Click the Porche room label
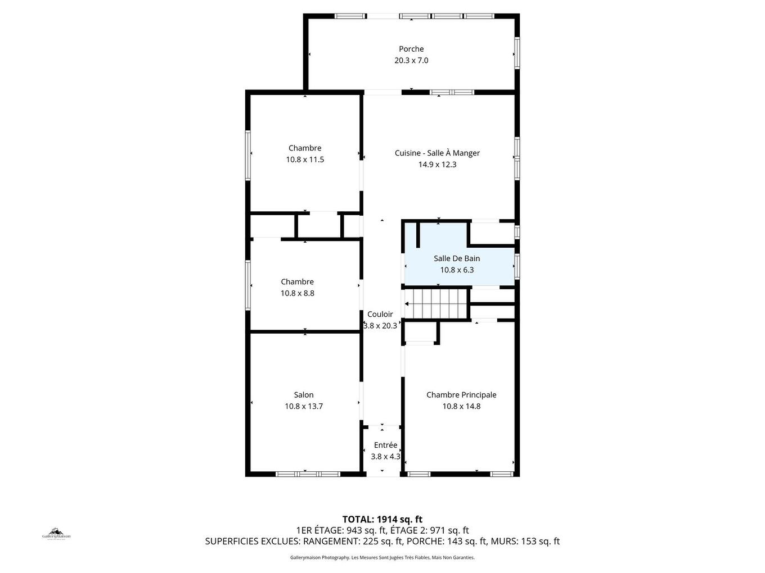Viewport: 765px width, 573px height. point(411,49)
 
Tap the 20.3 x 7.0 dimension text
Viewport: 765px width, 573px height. point(411,61)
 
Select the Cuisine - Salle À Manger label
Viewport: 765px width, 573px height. point(437,153)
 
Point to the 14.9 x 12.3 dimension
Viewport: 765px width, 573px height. point(437,165)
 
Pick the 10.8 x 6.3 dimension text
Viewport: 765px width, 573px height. point(457,270)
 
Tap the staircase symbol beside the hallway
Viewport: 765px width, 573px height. point(438,304)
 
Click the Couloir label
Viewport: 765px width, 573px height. point(380,315)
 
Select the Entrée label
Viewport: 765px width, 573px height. point(385,445)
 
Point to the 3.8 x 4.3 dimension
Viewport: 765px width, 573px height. point(385,457)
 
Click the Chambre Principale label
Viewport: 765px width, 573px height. point(461,395)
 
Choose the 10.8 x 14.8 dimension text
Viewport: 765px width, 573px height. point(461,407)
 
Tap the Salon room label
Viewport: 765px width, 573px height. point(304,395)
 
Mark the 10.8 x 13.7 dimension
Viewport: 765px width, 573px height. point(304,407)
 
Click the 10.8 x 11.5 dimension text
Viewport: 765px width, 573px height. point(305,160)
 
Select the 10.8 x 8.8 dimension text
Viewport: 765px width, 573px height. point(298,293)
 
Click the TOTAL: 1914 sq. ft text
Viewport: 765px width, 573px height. point(382,520)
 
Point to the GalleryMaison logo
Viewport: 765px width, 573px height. point(56,533)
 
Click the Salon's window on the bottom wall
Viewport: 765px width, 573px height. point(308,474)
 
